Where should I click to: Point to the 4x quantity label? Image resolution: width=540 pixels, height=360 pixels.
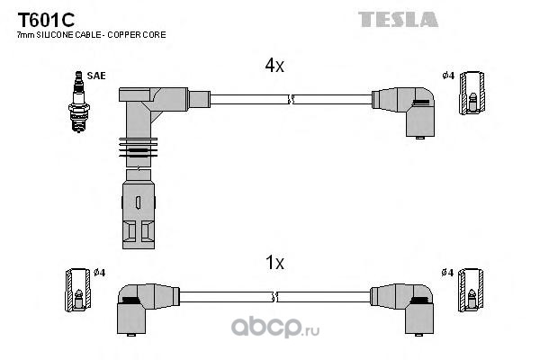(274, 66)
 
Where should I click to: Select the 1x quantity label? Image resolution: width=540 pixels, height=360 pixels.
(274, 262)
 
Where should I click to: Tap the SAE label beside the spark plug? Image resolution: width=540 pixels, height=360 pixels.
(96, 76)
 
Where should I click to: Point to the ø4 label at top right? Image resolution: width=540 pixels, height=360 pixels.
(446, 75)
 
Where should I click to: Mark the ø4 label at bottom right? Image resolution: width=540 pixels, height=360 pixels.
(447, 273)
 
